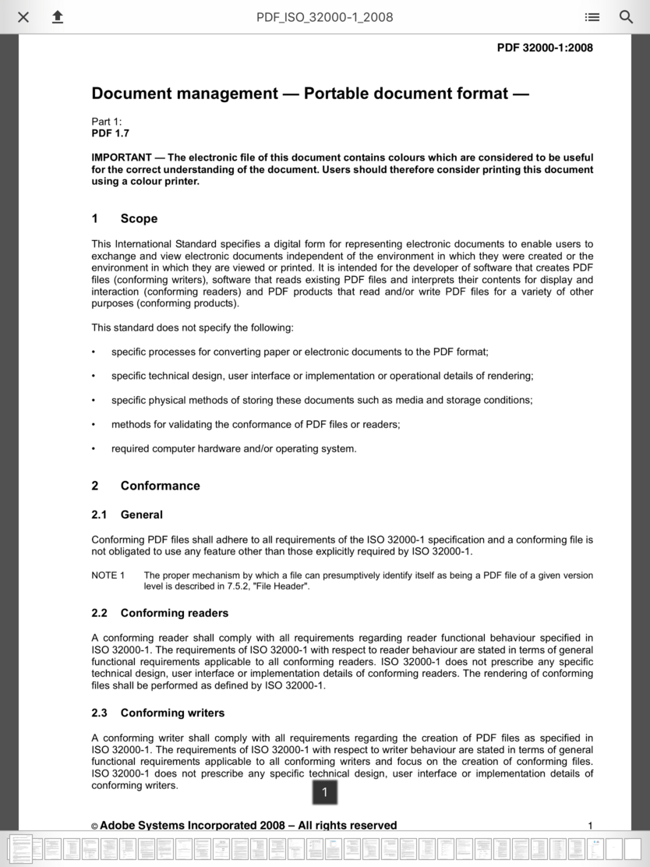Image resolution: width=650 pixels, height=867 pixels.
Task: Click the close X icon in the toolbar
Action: [23, 17]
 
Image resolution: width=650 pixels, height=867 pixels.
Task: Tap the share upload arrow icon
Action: [58, 17]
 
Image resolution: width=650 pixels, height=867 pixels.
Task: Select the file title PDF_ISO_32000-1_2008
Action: [324, 17]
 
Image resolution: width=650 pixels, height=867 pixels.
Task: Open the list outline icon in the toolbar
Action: [592, 17]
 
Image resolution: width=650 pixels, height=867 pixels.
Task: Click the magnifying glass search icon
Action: [626, 17]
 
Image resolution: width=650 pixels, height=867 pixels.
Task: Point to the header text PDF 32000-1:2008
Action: [545, 48]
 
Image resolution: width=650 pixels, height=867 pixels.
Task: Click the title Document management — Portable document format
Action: [310, 94]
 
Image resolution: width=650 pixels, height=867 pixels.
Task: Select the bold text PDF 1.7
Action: [111, 133]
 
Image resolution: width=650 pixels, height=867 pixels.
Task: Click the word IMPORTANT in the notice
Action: [122, 157]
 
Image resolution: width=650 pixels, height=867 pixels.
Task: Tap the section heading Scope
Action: [139, 219]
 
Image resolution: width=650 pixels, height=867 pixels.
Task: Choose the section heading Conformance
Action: [160, 486]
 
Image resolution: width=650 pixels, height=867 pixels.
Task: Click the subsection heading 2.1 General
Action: [127, 515]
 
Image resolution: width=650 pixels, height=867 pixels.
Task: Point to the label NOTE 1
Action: [108, 575]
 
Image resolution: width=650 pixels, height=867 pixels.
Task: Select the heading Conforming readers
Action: [174, 613]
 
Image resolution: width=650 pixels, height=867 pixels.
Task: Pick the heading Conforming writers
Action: [171, 713]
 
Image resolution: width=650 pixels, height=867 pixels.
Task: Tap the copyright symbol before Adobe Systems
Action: [94, 826]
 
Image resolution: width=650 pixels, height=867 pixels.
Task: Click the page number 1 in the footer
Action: [590, 826]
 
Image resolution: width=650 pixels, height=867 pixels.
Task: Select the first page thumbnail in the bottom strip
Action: [20, 848]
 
